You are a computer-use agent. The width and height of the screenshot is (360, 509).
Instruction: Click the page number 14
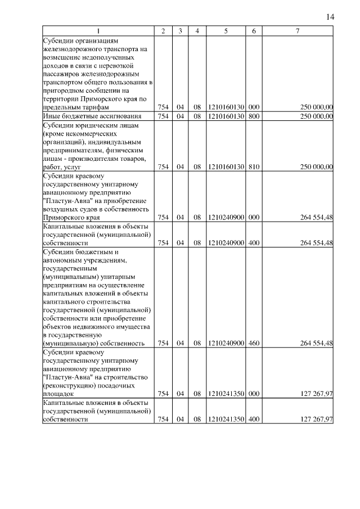330,17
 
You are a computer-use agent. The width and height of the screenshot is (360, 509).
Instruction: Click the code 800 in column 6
254,116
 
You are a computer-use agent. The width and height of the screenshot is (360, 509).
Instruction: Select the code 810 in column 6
254,166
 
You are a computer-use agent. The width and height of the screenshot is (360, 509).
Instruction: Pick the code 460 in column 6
254,343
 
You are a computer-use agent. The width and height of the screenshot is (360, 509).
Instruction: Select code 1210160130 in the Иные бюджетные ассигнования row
225,116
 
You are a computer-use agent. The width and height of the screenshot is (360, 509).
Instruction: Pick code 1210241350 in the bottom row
225,419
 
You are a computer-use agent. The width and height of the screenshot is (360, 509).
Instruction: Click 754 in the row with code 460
163,343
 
